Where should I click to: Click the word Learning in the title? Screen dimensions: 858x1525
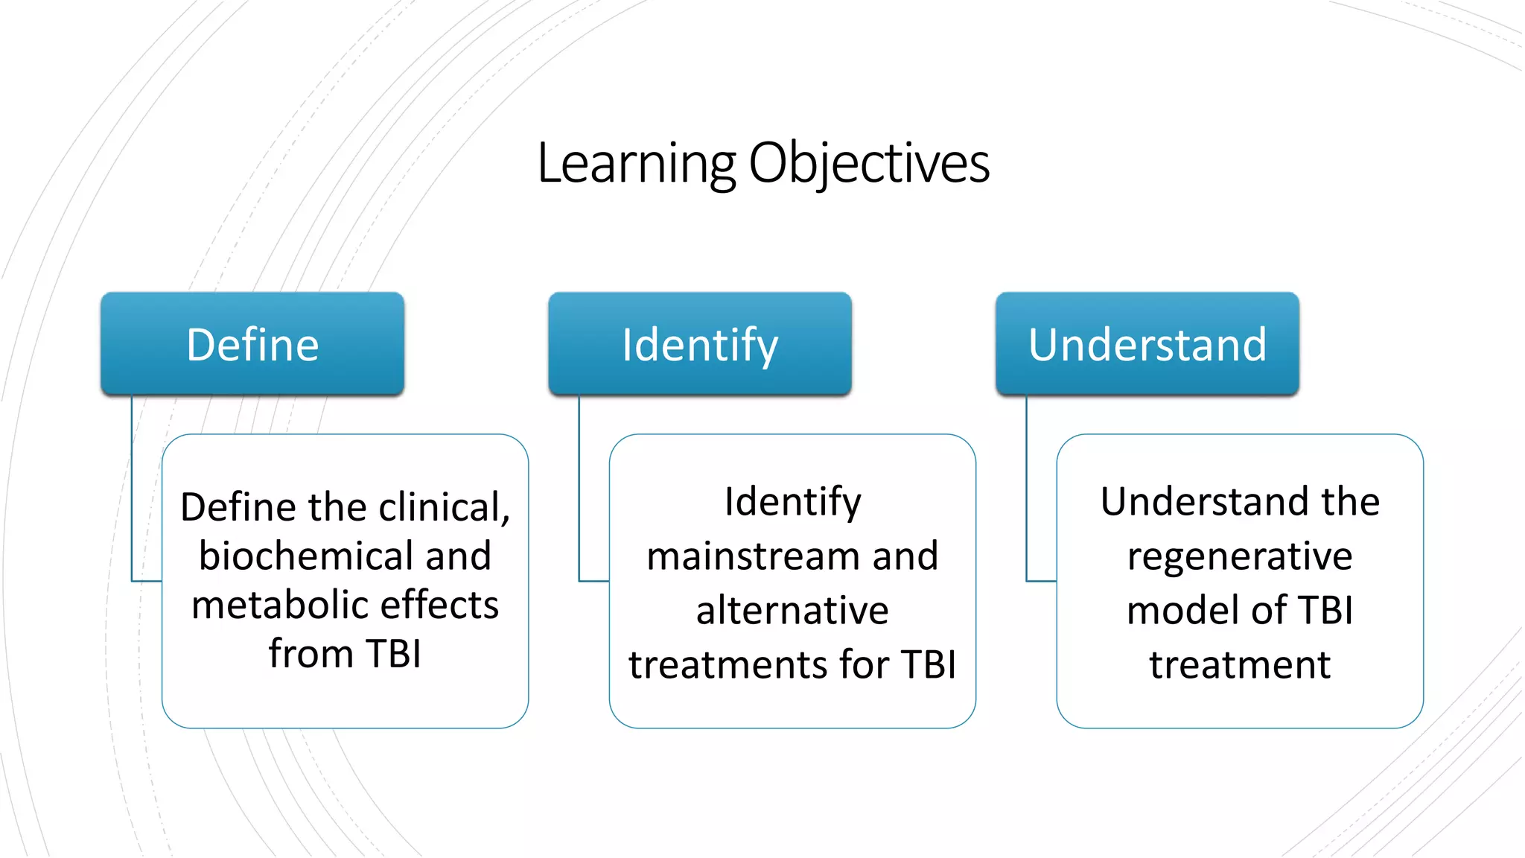pyautogui.click(x=637, y=163)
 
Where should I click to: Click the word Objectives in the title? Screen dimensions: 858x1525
pyautogui.click(x=868, y=163)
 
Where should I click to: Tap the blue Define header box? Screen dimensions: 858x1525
pyautogui.click(x=252, y=344)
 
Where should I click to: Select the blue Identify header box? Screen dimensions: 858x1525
pyautogui.click(x=700, y=344)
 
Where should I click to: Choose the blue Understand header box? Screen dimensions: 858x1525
pyautogui.click(x=1147, y=344)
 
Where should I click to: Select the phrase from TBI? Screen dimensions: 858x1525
pyautogui.click(x=345, y=654)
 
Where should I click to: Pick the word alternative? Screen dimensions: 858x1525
pyautogui.click(x=792, y=611)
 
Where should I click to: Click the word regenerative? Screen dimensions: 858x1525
pyautogui.click(x=1240, y=556)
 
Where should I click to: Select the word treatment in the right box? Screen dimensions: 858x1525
pyautogui.click(x=1240, y=664)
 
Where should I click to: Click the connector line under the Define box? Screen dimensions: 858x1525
pyautogui.click(x=132, y=492)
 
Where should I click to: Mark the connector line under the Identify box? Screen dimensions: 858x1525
pyautogui.click(x=579, y=492)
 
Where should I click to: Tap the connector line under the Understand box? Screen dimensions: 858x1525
pyautogui.click(x=1027, y=492)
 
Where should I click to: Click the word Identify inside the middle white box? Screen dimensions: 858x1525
pyautogui.click(x=792, y=502)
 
